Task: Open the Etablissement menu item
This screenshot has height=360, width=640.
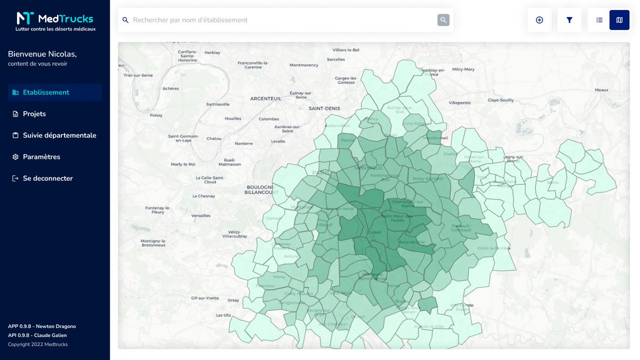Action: (x=46, y=92)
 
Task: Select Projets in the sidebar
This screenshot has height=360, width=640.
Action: (x=34, y=114)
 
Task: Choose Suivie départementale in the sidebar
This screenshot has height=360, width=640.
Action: (x=59, y=135)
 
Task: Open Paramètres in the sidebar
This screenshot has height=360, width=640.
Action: (x=41, y=157)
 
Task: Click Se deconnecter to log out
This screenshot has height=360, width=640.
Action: (x=47, y=178)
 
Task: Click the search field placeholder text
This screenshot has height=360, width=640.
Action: (x=190, y=20)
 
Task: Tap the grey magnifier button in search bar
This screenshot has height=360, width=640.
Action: (x=443, y=20)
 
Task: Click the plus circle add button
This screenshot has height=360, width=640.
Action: (x=539, y=20)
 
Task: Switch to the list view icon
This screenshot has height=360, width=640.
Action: (x=599, y=20)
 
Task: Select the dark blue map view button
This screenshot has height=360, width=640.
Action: (x=619, y=20)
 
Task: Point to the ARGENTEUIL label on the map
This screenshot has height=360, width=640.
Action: (x=266, y=99)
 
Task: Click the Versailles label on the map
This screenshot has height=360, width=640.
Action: (x=201, y=215)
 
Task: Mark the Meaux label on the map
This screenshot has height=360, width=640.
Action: (x=602, y=90)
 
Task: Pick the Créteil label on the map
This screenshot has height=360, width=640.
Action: (x=374, y=232)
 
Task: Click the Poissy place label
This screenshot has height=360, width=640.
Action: (x=156, y=115)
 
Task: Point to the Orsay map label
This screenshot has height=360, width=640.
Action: (x=233, y=300)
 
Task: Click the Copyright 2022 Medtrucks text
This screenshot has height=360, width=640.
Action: (x=38, y=344)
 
